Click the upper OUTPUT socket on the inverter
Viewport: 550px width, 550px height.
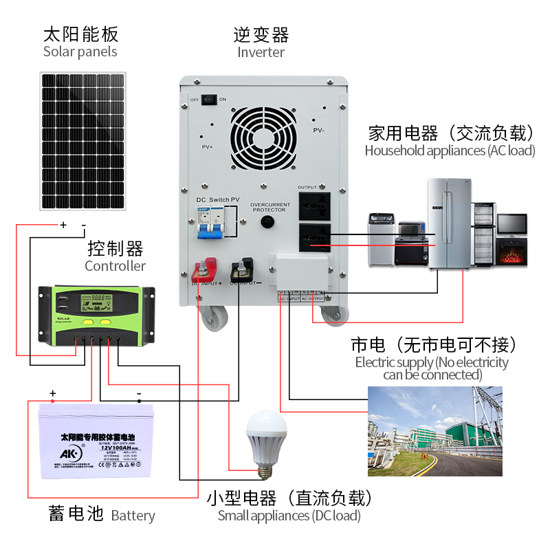point(314,205)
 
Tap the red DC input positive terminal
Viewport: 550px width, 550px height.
point(207,269)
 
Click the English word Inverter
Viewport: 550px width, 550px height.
point(261,52)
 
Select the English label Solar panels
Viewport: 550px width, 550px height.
point(80,52)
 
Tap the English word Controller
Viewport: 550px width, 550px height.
point(115,265)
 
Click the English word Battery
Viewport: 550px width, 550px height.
point(133,516)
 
